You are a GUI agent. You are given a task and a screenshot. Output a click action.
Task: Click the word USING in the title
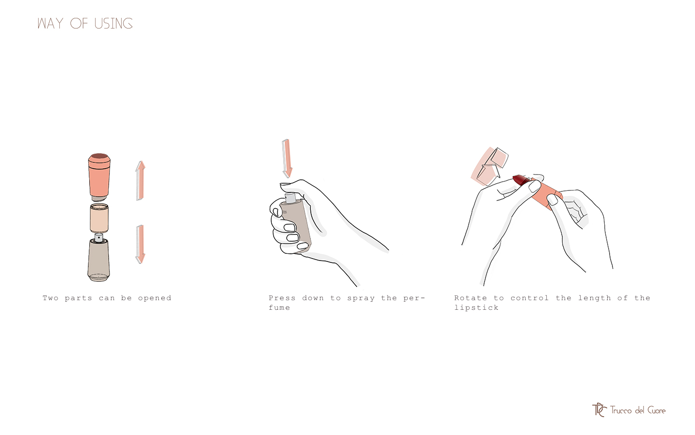[113, 24]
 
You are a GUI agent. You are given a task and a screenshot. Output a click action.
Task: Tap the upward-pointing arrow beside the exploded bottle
[140, 180]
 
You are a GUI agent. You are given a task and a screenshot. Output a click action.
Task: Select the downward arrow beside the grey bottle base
[140, 244]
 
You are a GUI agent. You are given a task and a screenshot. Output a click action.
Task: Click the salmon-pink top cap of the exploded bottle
[99, 175]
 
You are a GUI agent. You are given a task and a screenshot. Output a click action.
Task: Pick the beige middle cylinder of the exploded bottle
[99, 218]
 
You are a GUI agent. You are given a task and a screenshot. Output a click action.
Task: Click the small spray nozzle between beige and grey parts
[98, 237]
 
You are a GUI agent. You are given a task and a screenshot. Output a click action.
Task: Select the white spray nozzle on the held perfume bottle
[291, 198]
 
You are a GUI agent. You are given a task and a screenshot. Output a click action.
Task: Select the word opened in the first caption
[154, 298]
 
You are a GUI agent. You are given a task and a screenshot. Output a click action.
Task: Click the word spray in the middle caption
[361, 298]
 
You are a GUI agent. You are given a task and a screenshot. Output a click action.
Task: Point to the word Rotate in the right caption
[470, 298]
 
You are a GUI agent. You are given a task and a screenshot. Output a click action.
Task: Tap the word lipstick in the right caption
[476, 308]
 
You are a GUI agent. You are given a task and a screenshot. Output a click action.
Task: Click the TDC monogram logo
[599, 410]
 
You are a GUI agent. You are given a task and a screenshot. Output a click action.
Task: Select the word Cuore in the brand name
[656, 410]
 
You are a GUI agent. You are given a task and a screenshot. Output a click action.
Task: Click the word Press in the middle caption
[282, 298]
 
